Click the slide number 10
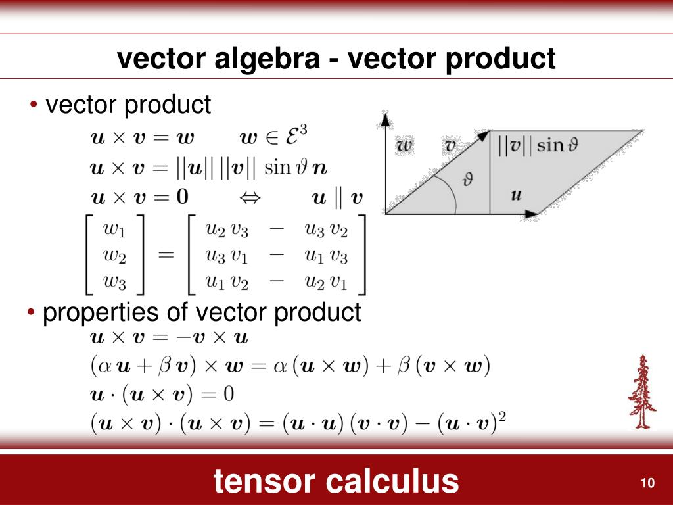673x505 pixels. click(647, 483)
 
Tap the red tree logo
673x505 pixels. click(641, 392)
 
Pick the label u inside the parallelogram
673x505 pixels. click(517, 194)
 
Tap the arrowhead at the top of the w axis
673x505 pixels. click(385, 118)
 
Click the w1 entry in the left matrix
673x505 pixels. click(115, 230)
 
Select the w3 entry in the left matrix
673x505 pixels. click(115, 282)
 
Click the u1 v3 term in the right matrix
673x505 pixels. click(326, 256)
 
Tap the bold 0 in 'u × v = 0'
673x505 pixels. click(182, 196)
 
